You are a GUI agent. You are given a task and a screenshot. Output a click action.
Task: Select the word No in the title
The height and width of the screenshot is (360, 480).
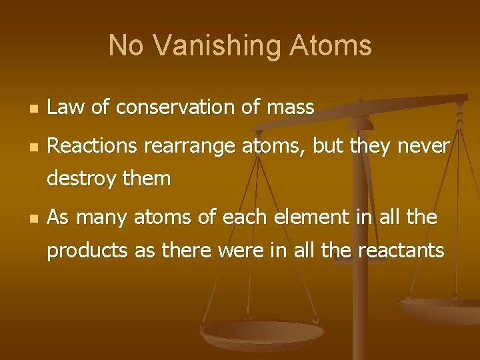125,46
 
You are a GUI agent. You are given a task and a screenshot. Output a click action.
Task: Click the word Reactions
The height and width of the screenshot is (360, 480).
91,145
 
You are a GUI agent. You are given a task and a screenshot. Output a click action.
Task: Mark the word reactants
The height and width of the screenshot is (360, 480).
401,251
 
